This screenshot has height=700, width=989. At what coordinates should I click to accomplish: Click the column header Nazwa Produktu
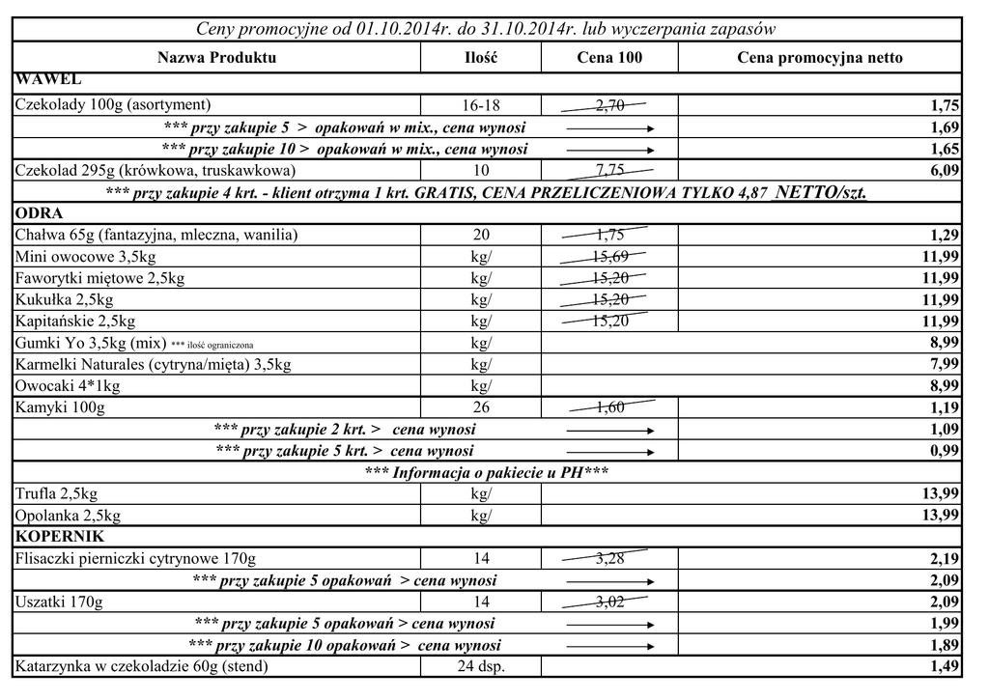[216, 58]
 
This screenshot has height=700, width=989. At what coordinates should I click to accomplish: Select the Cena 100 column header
[609, 58]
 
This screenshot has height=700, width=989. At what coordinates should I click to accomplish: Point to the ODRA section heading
[40, 213]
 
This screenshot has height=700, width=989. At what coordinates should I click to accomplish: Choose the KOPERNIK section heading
[60, 536]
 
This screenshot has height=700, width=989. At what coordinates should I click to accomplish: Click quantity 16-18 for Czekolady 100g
[481, 105]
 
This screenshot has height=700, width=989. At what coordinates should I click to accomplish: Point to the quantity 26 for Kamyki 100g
[481, 407]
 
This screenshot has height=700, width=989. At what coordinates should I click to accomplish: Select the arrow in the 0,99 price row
[609, 451]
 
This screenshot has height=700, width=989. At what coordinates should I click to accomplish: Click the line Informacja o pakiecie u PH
[487, 472]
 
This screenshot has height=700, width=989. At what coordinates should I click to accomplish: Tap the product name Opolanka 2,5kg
[69, 515]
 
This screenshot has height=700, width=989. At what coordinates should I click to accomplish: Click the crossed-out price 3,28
[609, 558]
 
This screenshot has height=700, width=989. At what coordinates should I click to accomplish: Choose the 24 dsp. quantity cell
[481, 666]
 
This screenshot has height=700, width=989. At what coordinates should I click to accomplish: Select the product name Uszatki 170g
[59, 602]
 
